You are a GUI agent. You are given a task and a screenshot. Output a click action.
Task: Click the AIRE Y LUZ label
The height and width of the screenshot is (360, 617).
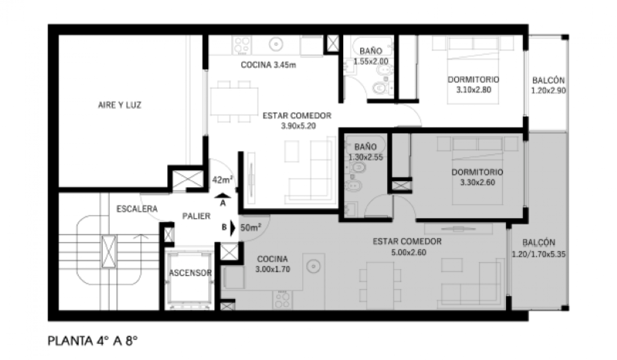point(120,105)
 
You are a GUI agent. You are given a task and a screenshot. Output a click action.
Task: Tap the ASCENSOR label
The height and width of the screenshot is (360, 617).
point(190,273)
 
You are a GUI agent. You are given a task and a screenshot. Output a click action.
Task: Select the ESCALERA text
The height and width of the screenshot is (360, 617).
point(137,209)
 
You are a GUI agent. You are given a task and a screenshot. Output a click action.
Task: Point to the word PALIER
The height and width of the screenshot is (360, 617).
point(196,216)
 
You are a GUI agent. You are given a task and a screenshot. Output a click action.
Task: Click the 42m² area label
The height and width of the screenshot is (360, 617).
point(222,180)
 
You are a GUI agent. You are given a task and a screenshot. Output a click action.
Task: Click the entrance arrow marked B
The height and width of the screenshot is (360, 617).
point(233,228)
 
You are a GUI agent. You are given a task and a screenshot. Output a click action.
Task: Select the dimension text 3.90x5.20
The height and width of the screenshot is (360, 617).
point(298,126)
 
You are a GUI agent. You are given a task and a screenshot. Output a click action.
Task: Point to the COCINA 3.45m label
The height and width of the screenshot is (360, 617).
point(268,65)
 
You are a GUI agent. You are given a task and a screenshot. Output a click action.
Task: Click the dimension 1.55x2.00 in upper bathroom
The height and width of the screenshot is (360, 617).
point(371,61)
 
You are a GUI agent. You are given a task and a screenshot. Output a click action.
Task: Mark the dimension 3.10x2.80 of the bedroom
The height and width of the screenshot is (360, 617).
point(474,90)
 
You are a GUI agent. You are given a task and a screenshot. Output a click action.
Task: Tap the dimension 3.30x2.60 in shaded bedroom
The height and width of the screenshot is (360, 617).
point(477,182)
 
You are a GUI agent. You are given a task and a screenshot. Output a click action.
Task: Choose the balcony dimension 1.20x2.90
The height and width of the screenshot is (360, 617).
point(548,91)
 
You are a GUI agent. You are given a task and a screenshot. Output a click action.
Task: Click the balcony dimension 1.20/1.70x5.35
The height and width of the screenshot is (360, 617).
point(539,254)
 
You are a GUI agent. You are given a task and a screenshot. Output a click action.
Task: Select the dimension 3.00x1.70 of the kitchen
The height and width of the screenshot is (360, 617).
point(273,269)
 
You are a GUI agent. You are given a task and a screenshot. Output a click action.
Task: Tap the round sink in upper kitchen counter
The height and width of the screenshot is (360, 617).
point(276,44)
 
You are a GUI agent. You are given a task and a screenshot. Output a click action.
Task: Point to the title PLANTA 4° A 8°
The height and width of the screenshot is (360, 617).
point(93,341)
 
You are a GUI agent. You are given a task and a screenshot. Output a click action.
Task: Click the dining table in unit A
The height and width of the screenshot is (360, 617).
point(234,101)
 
